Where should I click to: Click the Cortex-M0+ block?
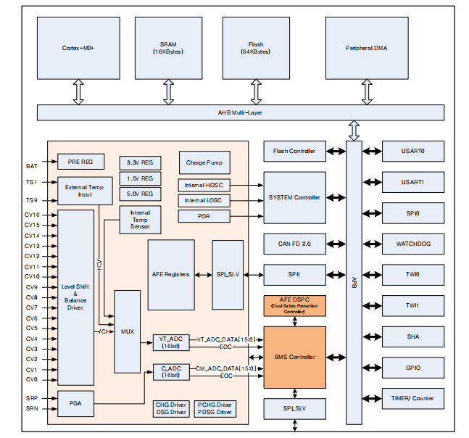tap(78, 49)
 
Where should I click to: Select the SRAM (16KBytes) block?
tap(168, 49)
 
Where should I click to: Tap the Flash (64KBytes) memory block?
tap(255, 49)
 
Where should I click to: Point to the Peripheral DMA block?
tap(372, 49)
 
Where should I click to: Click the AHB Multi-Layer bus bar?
tap(240, 113)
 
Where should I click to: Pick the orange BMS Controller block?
tap(294, 357)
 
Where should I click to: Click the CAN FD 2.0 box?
tap(294, 244)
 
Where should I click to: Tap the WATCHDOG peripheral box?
tap(412, 244)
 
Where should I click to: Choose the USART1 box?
tap(412, 182)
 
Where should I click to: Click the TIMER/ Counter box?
tap(412, 399)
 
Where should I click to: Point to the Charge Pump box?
tap(204, 162)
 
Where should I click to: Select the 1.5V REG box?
tap(139, 178)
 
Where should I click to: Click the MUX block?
tap(127, 331)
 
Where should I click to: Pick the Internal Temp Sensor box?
tap(140, 219)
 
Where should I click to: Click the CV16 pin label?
tap(32, 215)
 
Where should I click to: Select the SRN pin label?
tap(32, 408)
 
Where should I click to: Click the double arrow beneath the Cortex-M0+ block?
tap(78, 93)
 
